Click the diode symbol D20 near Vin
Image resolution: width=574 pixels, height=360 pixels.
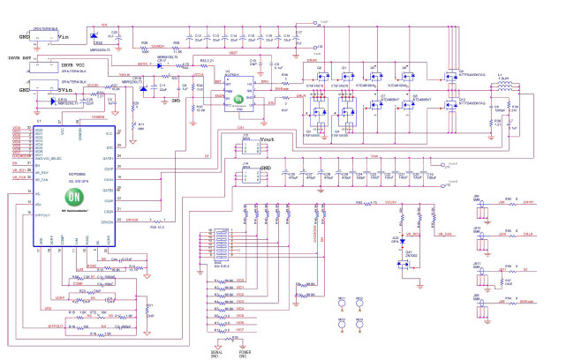92,37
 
